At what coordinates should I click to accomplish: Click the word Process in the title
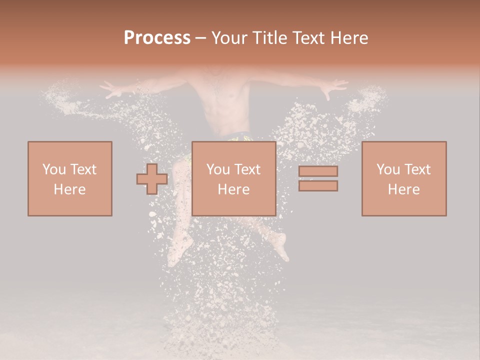(x=157, y=37)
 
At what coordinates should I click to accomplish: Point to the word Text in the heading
(x=310, y=37)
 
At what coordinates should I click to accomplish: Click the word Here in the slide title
(x=351, y=37)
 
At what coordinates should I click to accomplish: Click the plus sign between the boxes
(x=152, y=179)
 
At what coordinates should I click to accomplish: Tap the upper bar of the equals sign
(x=318, y=171)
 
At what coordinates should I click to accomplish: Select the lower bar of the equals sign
(x=318, y=186)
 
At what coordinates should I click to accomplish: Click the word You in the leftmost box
(x=53, y=169)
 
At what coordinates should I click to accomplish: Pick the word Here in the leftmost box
(x=69, y=189)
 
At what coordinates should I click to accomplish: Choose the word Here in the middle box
(x=233, y=189)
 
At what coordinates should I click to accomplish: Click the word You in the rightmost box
(x=388, y=169)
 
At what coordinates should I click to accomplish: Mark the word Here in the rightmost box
(x=403, y=189)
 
